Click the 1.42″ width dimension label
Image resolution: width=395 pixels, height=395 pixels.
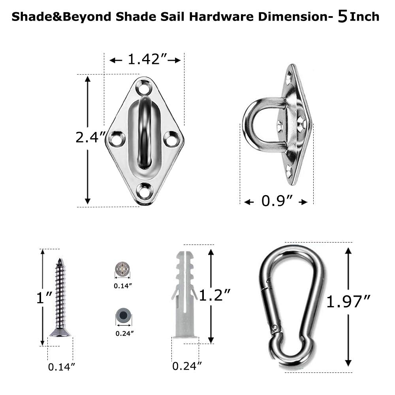point(144,60)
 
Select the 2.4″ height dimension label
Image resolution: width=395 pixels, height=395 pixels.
point(90,137)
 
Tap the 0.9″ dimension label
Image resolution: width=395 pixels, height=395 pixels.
point(276,201)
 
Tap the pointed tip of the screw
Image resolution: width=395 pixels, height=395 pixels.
point(60,260)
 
